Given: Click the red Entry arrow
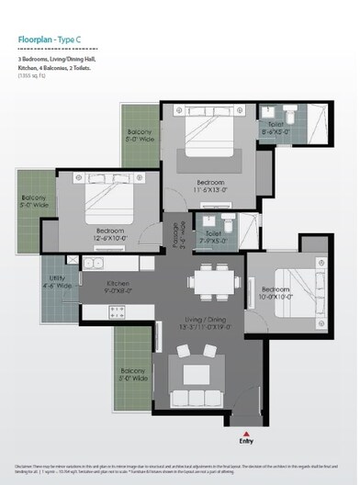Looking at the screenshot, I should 245,431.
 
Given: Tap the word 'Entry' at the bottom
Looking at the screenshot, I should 245,442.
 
